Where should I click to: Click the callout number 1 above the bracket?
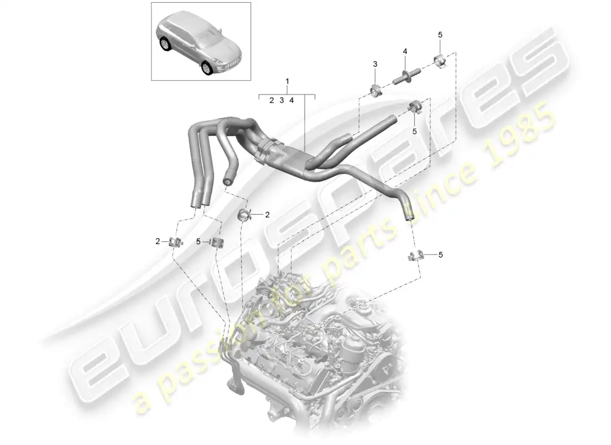click(x=287, y=82)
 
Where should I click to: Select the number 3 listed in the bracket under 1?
click(x=282, y=101)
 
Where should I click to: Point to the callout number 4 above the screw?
click(x=405, y=52)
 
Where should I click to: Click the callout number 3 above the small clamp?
click(x=375, y=65)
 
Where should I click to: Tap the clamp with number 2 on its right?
click(x=244, y=214)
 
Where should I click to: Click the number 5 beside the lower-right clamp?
click(x=441, y=255)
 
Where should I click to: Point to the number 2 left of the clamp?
click(x=158, y=241)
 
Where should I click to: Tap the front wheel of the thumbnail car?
click(x=208, y=67)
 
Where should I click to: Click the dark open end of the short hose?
click(x=227, y=181)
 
